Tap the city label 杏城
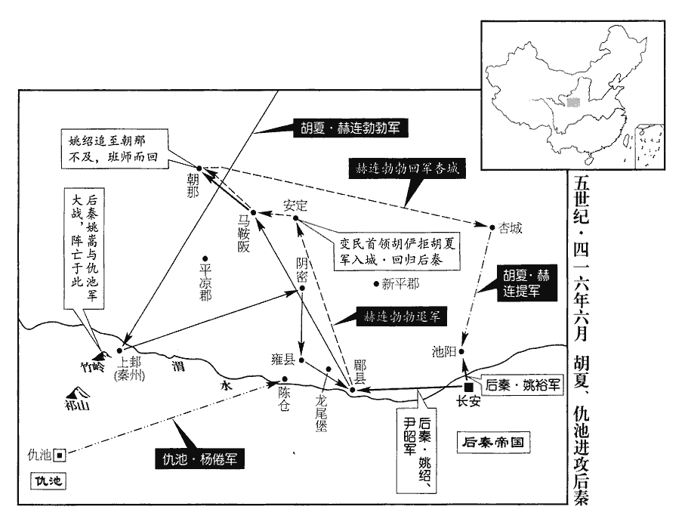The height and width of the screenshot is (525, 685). [511, 227]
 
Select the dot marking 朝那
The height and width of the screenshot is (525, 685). [198, 168]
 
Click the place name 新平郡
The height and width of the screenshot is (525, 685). [400, 284]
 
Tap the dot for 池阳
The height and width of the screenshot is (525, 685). [463, 352]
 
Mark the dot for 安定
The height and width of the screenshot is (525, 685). [296, 220]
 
